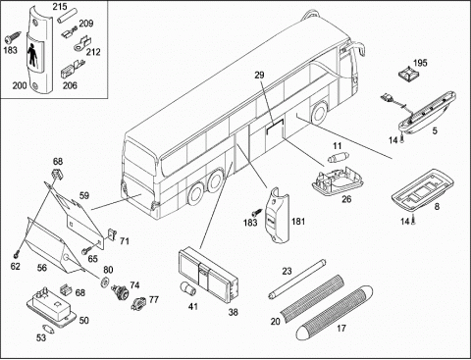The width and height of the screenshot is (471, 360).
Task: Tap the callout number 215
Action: click(x=60, y=6)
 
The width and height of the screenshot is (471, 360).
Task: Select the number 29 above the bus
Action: click(x=259, y=75)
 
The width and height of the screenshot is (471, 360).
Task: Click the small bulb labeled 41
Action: click(x=188, y=288)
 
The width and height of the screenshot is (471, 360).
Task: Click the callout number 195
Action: click(x=420, y=63)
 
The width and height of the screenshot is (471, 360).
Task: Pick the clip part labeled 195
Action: click(x=406, y=75)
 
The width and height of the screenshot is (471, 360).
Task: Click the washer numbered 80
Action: click(x=105, y=282)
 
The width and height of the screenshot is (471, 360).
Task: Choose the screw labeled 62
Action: click(x=16, y=254)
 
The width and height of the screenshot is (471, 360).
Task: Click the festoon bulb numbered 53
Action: click(x=48, y=328)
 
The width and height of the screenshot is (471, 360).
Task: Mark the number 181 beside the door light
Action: click(x=298, y=222)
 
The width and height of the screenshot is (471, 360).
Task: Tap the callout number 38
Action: click(x=233, y=312)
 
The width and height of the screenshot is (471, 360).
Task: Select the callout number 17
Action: click(x=341, y=328)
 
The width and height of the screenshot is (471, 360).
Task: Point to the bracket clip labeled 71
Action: click(x=112, y=233)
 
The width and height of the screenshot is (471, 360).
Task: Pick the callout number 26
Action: click(x=346, y=199)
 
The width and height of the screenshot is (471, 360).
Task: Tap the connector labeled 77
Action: click(x=138, y=303)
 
